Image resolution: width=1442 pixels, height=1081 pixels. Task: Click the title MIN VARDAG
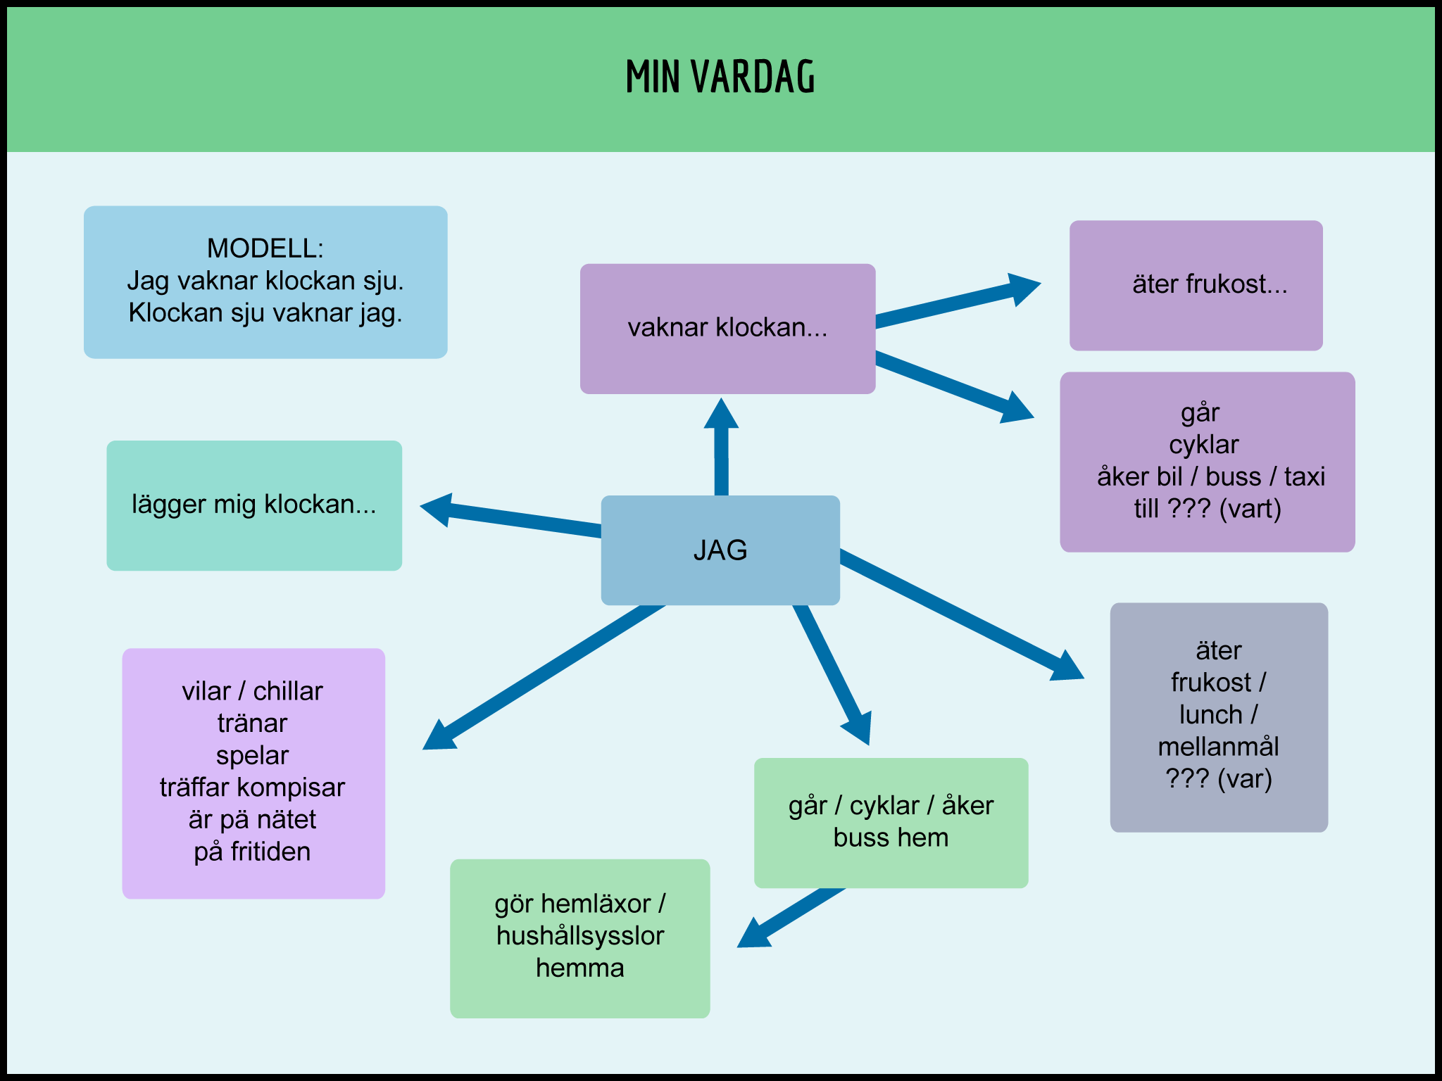coord(720,77)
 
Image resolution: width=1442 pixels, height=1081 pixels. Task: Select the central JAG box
coord(720,550)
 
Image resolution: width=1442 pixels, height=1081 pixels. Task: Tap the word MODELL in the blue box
coord(265,248)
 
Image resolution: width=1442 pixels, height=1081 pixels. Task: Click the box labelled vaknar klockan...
coord(727,328)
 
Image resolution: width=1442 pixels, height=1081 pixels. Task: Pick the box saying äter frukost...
coord(1196,285)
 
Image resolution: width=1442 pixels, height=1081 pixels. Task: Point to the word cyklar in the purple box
coord(1204,445)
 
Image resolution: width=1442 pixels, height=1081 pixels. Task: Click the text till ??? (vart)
coord(1207,509)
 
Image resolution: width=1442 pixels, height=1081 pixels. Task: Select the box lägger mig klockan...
coord(254,505)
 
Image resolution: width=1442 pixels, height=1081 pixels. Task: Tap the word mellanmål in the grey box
coord(1218,747)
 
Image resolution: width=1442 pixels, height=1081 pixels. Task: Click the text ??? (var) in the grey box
coord(1218,779)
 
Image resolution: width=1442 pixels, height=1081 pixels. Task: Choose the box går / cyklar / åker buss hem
coord(891,822)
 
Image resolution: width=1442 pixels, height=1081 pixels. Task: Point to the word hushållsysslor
coord(580,936)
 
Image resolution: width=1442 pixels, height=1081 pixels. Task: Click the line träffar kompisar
coord(252,788)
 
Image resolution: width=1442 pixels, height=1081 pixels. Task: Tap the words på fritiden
coord(252,852)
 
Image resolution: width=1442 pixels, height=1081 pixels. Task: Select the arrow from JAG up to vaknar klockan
coord(721,450)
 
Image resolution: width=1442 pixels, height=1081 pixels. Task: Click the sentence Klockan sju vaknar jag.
coord(265,313)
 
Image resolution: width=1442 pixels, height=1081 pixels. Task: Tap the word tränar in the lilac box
coord(252,723)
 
